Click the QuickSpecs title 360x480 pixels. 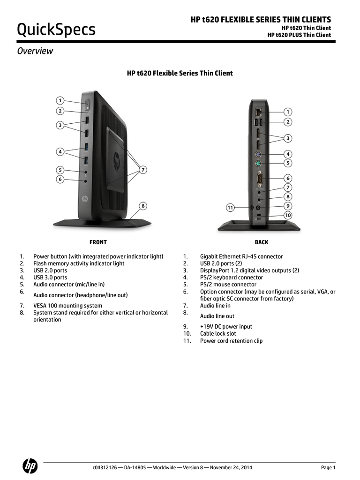coord(56,30)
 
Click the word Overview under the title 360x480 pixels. coord(35,51)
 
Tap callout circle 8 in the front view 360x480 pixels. coord(143,206)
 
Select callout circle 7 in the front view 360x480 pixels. coord(143,170)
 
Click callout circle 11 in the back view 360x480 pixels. coord(230,208)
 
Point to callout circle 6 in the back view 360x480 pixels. coord(288,178)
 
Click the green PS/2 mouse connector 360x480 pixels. coord(258,164)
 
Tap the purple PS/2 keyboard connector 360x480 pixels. coord(258,154)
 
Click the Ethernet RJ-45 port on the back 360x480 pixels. coord(259,112)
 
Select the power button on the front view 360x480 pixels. coord(87,105)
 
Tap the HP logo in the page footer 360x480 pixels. coord(30,466)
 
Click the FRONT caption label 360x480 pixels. coord(98,242)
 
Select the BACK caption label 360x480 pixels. coord(262,242)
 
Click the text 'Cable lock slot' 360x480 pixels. coord(218,334)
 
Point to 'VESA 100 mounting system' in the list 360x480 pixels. coord(67,306)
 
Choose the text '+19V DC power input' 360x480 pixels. coord(226,327)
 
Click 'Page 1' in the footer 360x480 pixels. coord(328,467)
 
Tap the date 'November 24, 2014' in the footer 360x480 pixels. coord(231,467)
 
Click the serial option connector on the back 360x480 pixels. coord(259,179)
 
